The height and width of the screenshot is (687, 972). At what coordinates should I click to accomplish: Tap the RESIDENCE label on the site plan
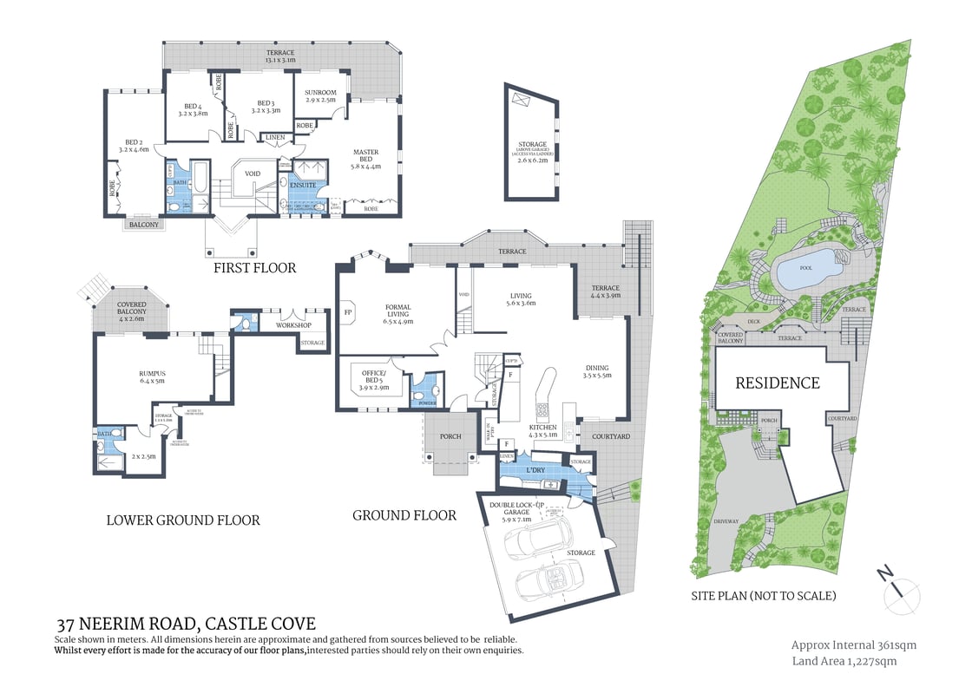[x=778, y=383]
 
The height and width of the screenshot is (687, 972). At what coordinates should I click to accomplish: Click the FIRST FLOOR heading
[x=255, y=268]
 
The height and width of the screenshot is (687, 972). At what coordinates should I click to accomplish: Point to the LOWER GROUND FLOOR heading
[x=183, y=520]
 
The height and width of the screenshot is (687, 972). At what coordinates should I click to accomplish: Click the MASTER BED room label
[x=365, y=157]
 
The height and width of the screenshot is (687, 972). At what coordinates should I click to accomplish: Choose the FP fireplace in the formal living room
[x=349, y=311]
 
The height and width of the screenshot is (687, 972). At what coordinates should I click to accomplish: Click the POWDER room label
[x=425, y=402]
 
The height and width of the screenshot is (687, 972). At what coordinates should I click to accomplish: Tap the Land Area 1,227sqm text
[x=844, y=661]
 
